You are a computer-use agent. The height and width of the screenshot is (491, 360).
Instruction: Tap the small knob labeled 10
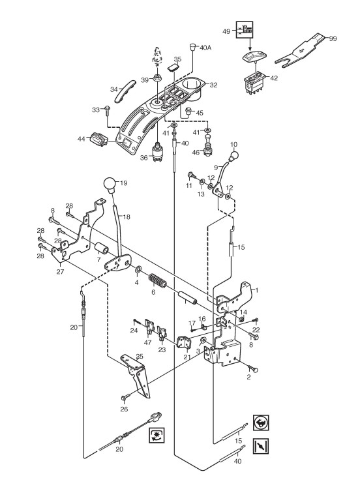coord(234,155)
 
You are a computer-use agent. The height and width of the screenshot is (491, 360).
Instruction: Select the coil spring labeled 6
coord(157,280)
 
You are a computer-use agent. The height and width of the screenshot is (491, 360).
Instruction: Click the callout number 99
coord(333,38)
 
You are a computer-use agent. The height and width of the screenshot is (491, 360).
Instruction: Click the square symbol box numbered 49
coord(244,30)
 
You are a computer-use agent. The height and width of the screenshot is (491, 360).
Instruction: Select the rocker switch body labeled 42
coord(256,83)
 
